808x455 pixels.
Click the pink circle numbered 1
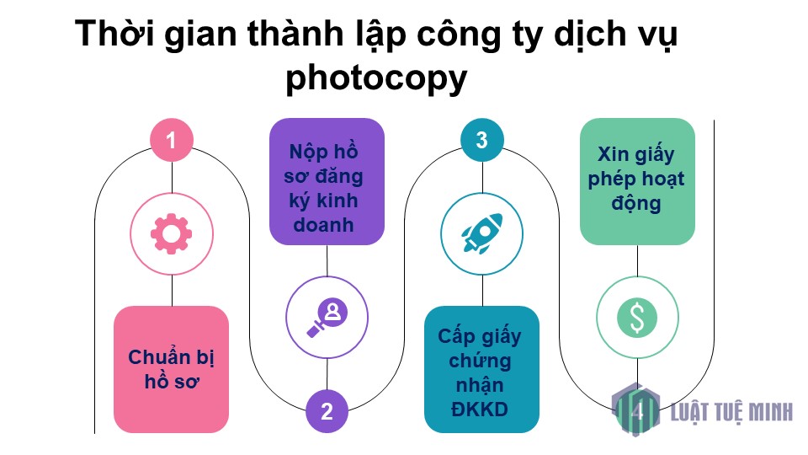coord(172,140)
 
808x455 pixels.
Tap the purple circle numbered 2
coord(327,411)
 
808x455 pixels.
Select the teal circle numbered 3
coord(481,140)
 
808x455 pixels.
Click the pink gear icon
coord(171,233)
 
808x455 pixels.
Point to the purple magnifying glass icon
coord(327,318)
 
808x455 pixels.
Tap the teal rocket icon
coord(482,233)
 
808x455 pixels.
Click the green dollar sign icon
coord(637,318)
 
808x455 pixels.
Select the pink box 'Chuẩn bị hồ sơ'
coord(171,369)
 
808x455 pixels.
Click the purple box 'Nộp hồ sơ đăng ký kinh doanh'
coord(327,182)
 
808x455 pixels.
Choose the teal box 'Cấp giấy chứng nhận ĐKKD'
coord(481,369)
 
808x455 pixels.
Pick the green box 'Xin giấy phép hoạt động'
coord(637,182)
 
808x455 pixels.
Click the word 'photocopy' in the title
coord(377,79)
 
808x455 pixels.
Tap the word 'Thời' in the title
coord(114,34)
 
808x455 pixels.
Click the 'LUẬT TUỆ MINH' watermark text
coord(731,412)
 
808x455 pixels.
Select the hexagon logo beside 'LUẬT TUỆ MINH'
coord(636,410)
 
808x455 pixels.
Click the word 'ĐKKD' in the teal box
coord(480,409)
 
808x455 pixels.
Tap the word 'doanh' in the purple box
coord(323,225)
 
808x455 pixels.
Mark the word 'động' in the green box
coord(636,203)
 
